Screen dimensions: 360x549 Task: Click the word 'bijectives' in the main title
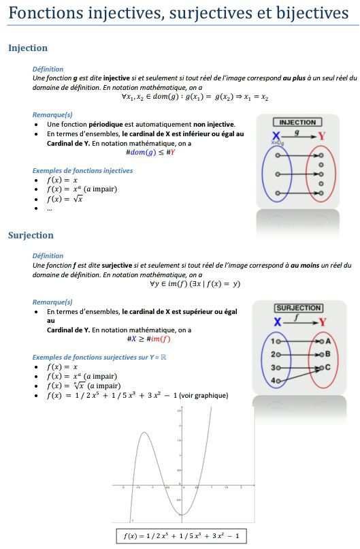coord(310,13)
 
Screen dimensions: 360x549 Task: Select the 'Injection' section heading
coord(28,48)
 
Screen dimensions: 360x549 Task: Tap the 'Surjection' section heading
coord(31,235)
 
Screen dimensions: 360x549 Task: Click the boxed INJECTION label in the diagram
coord(297,123)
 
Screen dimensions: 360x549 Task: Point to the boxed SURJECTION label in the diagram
coord(298,308)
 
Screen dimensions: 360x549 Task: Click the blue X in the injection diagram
coord(276,136)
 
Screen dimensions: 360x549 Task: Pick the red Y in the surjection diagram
coord(322,321)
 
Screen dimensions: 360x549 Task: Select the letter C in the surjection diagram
coord(328,367)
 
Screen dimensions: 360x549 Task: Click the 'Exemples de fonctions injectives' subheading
coord(82,171)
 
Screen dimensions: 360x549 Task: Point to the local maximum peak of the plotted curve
coord(144,433)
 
